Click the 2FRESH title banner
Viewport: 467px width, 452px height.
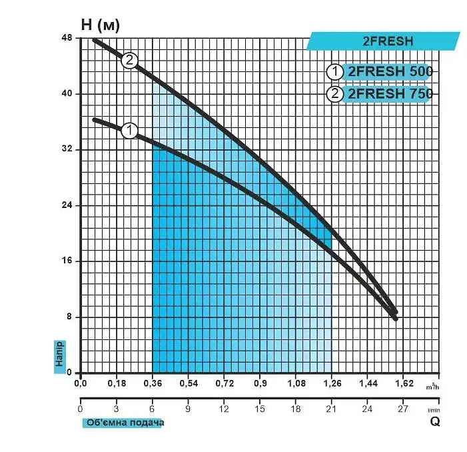(384, 41)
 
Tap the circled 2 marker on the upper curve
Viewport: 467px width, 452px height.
(129, 61)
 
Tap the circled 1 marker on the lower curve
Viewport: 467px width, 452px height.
(129, 131)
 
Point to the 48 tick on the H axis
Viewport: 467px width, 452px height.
(67, 38)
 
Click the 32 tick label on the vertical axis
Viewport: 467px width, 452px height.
(67, 149)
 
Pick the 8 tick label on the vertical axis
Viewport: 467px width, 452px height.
(69, 316)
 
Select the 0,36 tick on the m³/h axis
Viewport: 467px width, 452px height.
(153, 383)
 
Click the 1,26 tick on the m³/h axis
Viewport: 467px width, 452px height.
(332, 383)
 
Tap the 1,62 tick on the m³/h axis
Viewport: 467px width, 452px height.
(404, 383)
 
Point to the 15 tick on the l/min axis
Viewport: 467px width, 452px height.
(260, 409)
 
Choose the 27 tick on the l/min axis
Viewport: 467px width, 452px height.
(403, 409)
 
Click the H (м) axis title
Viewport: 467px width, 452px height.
(101, 25)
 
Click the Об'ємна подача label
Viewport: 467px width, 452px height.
(125, 423)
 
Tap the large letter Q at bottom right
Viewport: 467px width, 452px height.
(435, 421)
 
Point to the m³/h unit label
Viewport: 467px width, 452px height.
(432, 387)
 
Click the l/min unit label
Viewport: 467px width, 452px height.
(434, 410)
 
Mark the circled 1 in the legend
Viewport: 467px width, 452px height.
(335, 72)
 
